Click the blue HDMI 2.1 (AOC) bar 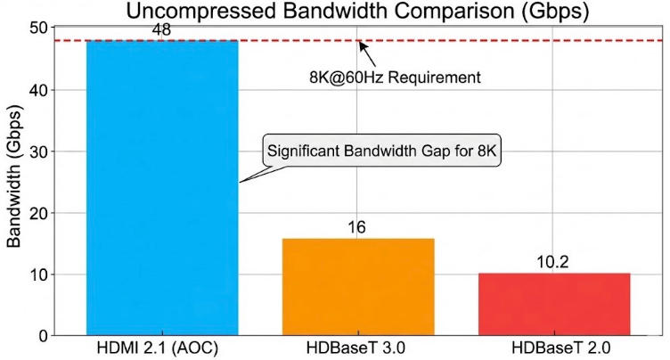tap(161, 188)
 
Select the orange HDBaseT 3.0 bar tap(357, 287)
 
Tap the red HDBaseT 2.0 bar tap(553, 304)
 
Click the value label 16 tap(357, 228)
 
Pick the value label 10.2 tap(553, 263)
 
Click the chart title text tap(356, 12)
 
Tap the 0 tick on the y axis tap(43, 336)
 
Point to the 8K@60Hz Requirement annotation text tap(390, 78)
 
